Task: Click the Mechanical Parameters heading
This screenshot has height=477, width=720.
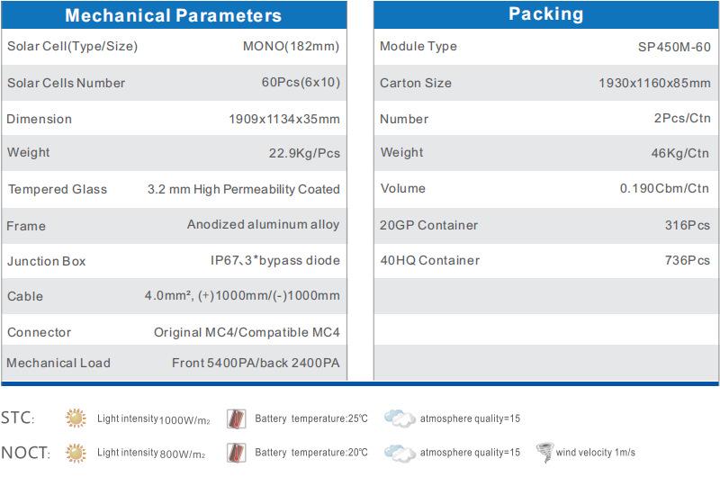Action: click(173, 15)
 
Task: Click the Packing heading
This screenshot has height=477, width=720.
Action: click(546, 14)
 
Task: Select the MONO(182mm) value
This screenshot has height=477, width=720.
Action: click(291, 46)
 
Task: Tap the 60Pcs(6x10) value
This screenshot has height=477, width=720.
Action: click(301, 82)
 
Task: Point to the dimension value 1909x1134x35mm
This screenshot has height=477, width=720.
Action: click(284, 119)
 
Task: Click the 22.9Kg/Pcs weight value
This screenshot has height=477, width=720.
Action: click(304, 153)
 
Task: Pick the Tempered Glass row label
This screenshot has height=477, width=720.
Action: click(58, 189)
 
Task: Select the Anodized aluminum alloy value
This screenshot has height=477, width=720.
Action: click(263, 224)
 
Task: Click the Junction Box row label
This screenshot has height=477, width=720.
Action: click(47, 261)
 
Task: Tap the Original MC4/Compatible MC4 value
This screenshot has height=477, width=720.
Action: click(247, 332)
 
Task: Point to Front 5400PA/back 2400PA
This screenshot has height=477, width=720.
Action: click(256, 363)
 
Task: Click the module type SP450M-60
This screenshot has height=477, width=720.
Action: click(674, 47)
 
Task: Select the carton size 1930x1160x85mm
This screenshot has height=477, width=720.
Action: click(654, 83)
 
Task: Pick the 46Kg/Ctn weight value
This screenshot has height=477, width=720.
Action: click(680, 153)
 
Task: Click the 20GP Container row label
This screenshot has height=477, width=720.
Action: click(428, 225)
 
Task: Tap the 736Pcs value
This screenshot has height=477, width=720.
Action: click(688, 260)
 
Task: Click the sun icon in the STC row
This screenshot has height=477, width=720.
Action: click(76, 418)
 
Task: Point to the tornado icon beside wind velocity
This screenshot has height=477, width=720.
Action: click(545, 452)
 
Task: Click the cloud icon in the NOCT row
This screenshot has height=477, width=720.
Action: click(400, 453)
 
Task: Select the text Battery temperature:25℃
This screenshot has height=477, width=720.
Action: click(310, 418)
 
